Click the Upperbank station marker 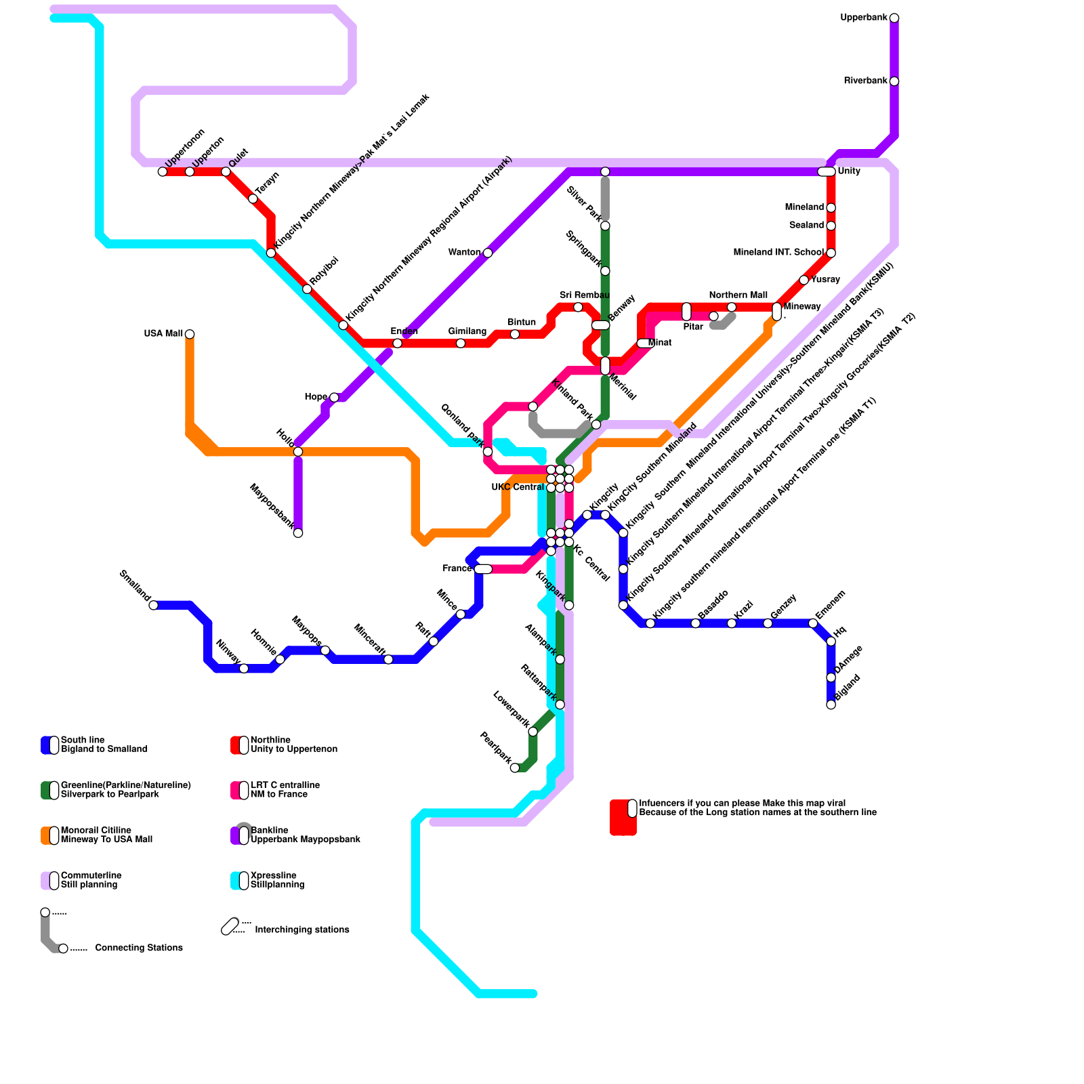click(894, 18)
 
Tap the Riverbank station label click(865, 81)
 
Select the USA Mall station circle click(190, 334)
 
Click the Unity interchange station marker click(827, 171)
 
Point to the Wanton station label click(464, 253)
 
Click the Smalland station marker click(153, 605)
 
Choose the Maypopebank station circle click(298, 533)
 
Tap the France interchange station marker click(483, 569)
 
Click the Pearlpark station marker click(515, 768)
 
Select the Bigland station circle click(831, 705)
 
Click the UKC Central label click(518, 488)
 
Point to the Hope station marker click(334, 397)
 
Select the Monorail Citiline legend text click(106, 835)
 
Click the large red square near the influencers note click(623, 818)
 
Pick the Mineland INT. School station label click(778, 253)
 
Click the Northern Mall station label click(738, 295)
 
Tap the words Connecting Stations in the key click(139, 948)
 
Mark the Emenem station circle click(813, 623)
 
